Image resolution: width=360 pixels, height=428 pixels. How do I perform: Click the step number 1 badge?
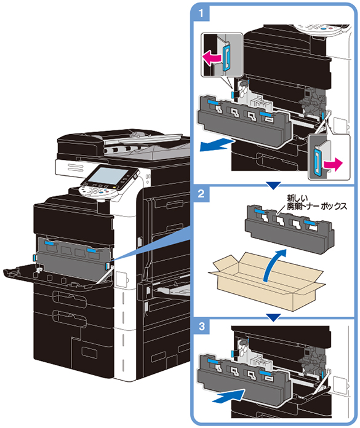pyautogui.click(x=201, y=13)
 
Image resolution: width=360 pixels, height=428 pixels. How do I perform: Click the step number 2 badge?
pyautogui.click(x=201, y=194)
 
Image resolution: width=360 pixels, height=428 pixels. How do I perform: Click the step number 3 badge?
pyautogui.click(x=201, y=326)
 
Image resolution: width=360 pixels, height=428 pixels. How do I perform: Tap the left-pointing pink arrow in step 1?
pyautogui.click(x=212, y=58)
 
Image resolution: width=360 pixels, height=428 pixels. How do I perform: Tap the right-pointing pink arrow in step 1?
pyautogui.click(x=332, y=164)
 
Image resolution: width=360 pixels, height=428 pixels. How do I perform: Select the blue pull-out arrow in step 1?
pyautogui.click(x=217, y=144)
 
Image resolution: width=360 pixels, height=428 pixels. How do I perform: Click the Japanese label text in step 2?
pyautogui.click(x=317, y=202)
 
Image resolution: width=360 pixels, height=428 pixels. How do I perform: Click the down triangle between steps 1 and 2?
pyautogui.click(x=273, y=186)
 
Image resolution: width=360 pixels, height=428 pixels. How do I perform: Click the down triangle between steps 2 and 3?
pyautogui.click(x=273, y=317)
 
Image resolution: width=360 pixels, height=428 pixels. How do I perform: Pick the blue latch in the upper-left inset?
pyautogui.click(x=226, y=58)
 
